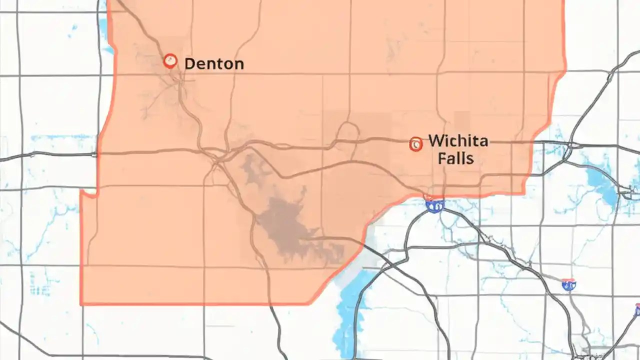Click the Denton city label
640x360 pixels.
214,63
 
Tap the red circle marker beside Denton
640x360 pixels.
170,61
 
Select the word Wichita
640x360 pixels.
458,140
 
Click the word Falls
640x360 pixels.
455,158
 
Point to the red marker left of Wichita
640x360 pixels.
415,144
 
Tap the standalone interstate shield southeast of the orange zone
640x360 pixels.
568,285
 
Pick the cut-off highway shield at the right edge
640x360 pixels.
637,310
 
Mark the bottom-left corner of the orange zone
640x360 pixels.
81,303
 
